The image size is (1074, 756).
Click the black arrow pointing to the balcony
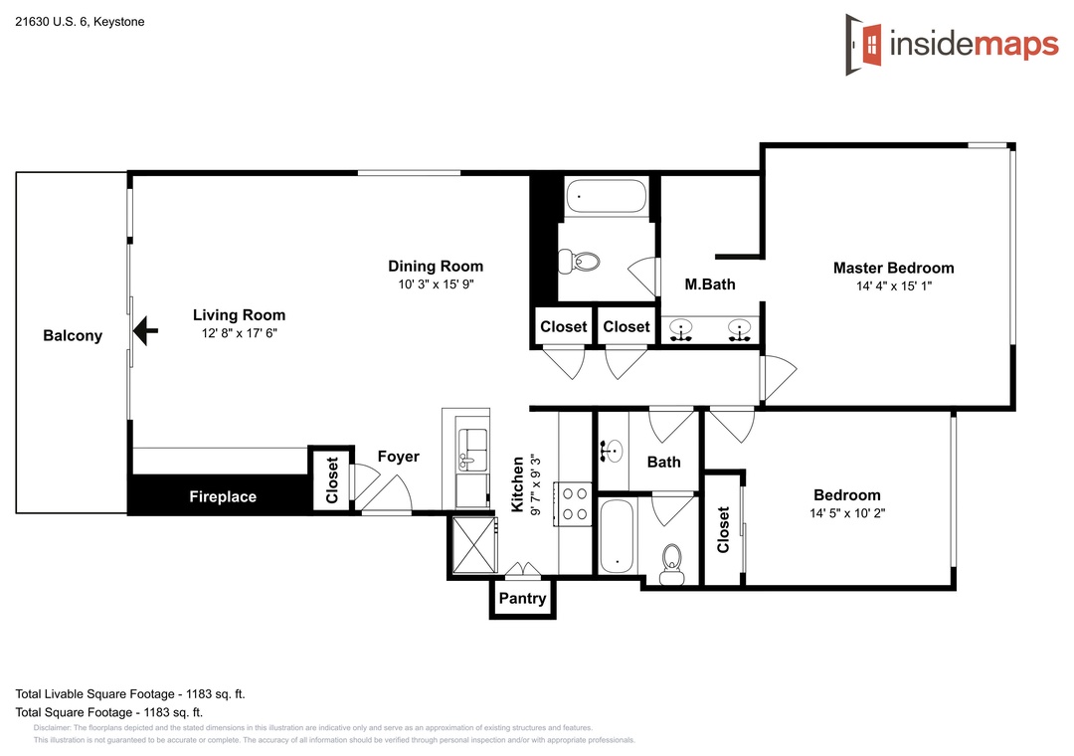(x=145, y=331)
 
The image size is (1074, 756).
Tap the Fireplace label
(x=223, y=496)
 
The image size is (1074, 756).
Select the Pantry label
(x=523, y=599)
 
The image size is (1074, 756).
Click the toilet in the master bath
(x=580, y=262)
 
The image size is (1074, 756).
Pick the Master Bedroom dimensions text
(x=894, y=285)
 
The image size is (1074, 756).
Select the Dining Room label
(x=436, y=266)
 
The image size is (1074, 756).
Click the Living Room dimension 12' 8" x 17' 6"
(x=239, y=333)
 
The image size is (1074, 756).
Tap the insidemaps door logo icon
(x=864, y=45)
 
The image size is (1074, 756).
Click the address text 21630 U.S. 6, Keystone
(x=81, y=22)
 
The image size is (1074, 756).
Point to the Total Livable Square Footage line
(x=130, y=693)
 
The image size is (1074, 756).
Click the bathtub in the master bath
(x=607, y=197)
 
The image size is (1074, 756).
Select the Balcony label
(x=73, y=336)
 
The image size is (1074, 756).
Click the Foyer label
(x=399, y=457)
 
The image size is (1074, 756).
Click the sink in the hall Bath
(x=611, y=451)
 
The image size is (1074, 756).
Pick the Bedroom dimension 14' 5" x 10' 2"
(x=847, y=512)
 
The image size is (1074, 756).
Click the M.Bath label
(x=710, y=284)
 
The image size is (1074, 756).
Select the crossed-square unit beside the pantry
(x=474, y=545)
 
